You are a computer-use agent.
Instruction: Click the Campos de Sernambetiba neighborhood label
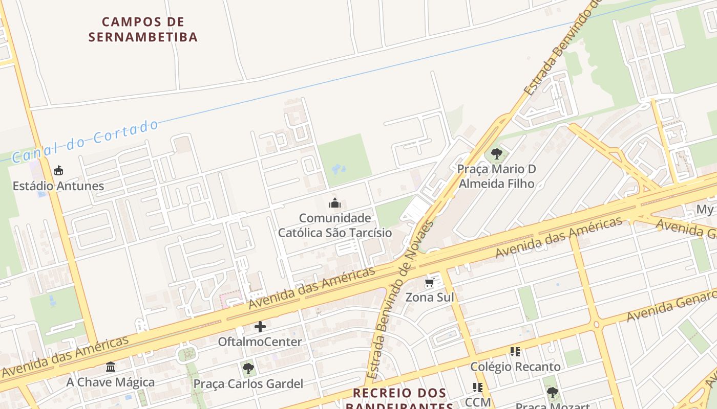[143, 30]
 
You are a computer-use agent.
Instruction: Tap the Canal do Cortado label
[85, 141]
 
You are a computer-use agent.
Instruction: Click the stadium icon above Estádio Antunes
[58, 171]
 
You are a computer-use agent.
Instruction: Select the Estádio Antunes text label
[58, 186]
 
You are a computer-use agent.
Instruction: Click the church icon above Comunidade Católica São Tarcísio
[335, 203]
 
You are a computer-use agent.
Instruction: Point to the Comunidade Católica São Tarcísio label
[335, 225]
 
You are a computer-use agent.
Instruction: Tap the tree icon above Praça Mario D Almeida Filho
[496, 153]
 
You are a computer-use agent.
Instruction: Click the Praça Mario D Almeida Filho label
[496, 176]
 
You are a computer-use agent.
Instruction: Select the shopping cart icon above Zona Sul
[430, 283]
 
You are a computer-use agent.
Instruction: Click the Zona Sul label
[430, 298]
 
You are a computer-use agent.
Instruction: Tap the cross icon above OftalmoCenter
[260, 326]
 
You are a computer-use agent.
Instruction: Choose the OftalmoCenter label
[260, 342]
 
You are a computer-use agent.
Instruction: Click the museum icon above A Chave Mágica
[111, 367]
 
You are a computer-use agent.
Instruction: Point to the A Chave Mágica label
[111, 382]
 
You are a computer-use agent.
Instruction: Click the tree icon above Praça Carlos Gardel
[248, 368]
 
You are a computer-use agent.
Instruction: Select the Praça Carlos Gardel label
[248, 384]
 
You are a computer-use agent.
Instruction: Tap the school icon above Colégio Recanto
[515, 352]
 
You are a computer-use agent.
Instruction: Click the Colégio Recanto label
[515, 367]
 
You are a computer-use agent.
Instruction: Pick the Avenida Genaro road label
[671, 306]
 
